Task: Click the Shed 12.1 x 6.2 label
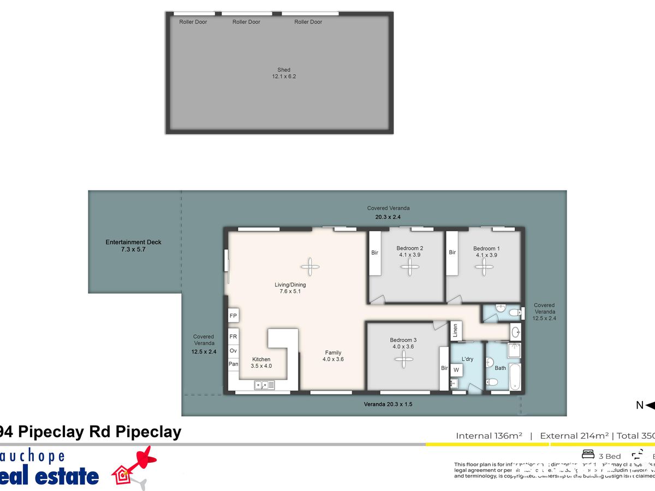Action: click(x=284, y=73)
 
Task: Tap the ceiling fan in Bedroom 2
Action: click(x=408, y=266)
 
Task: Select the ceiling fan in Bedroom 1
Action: click(x=483, y=266)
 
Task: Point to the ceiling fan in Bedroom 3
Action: click(x=404, y=358)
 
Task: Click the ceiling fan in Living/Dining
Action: click(x=309, y=266)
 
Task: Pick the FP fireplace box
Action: click(x=233, y=316)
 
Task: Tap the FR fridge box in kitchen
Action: click(x=233, y=337)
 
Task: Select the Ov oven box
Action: click(x=233, y=350)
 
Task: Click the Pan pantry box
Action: click(x=233, y=364)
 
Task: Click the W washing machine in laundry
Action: click(x=456, y=370)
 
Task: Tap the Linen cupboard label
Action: click(x=455, y=331)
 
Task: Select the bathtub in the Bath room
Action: click(x=515, y=376)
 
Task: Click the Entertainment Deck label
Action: click(x=134, y=245)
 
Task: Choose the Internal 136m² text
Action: click(x=489, y=435)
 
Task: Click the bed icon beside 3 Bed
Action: click(x=588, y=454)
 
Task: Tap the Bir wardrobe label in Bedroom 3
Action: click(x=444, y=368)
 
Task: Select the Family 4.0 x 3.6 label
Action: click(x=333, y=356)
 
